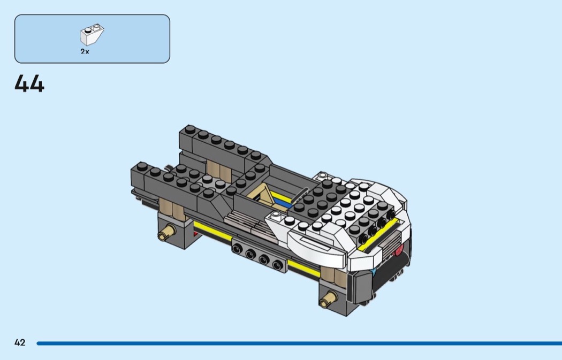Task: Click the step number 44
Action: pyautogui.click(x=29, y=84)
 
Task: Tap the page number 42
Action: pyautogui.click(x=20, y=342)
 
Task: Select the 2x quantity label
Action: pyautogui.click(x=85, y=51)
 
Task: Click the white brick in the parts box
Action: pyautogui.click(x=92, y=34)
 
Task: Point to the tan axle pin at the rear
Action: pyautogui.click(x=166, y=232)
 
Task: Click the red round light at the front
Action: pyautogui.click(x=399, y=249)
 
